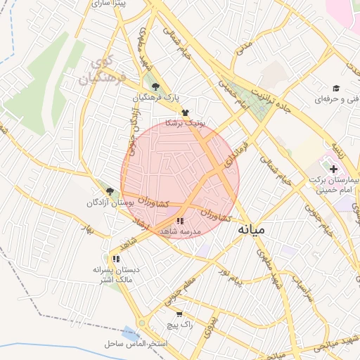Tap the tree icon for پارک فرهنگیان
[155, 87]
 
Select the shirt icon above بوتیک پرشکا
[185, 112]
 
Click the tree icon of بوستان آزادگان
[109, 191]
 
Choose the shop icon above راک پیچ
[179, 314]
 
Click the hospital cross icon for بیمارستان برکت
[333, 169]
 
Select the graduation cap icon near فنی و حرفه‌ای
[337, 89]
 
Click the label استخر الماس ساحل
[136, 344]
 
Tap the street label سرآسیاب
[302, 288]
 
